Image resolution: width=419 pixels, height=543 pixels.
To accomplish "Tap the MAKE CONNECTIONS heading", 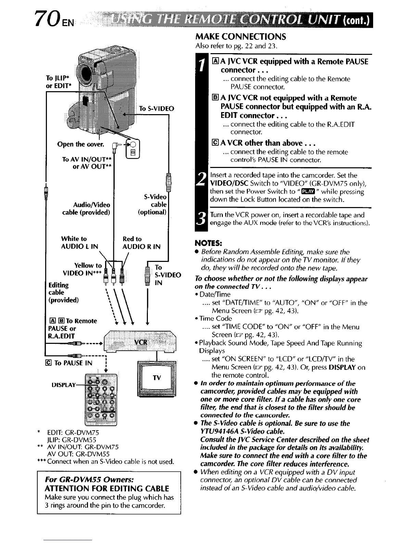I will (x=240, y=37).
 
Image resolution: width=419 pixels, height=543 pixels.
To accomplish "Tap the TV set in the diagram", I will (x=156, y=377).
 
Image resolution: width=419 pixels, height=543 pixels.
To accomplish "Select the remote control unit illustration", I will (x=101, y=398).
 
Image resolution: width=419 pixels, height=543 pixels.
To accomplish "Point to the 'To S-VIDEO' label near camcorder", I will (x=157, y=109).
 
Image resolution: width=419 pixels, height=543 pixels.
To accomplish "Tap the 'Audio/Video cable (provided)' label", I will (x=86, y=208).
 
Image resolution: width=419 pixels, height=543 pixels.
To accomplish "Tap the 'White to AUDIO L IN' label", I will (x=79, y=242).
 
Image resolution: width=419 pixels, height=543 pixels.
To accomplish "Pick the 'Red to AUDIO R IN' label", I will (x=141, y=242).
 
